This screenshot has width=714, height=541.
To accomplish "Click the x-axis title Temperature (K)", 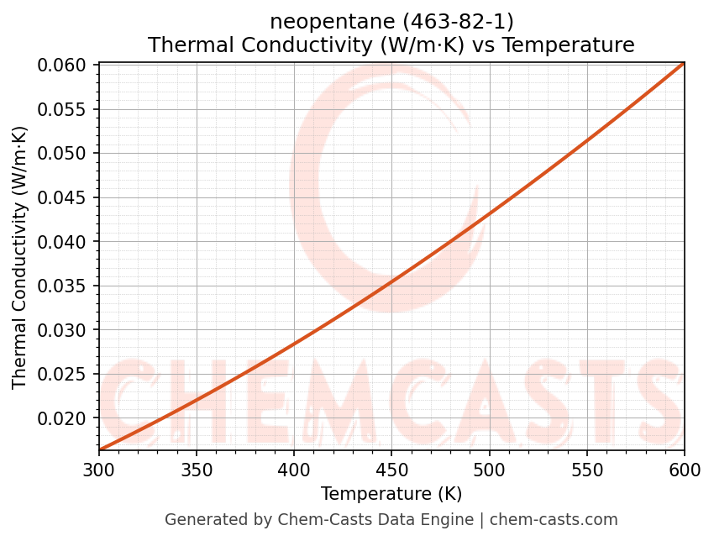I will [x=391, y=493].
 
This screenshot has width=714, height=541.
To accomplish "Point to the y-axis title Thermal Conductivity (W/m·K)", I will [x=20, y=257].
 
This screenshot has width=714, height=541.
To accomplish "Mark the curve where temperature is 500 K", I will [x=489, y=216].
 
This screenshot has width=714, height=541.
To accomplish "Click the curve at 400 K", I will [x=294, y=343].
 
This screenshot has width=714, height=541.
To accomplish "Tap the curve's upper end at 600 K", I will [x=683, y=64].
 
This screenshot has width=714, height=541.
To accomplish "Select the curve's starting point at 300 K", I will [x=99, y=449].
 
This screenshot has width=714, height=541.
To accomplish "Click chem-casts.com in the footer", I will [x=554, y=520].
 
